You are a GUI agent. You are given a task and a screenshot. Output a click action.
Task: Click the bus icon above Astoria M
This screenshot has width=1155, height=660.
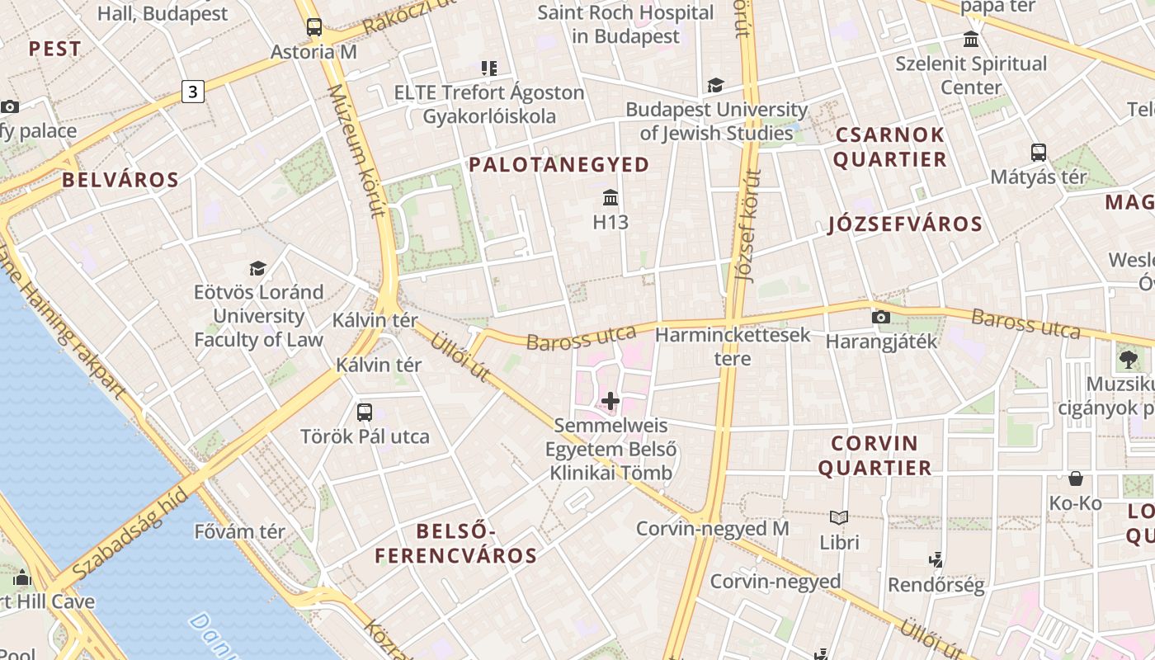coord(314,27)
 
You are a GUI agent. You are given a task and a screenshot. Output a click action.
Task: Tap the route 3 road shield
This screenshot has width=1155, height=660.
coord(193,92)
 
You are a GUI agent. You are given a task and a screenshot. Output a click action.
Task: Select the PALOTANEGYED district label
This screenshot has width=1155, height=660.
coord(559,164)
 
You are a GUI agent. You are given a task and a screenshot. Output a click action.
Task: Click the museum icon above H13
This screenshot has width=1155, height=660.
coord(610,198)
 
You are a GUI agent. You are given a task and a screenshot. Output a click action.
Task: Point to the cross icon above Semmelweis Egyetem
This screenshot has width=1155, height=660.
coord(610,401)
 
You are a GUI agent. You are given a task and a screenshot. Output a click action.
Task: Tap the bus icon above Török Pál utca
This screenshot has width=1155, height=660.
coord(365,412)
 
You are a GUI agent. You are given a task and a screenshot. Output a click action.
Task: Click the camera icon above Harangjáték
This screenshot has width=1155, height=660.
coord(881,317)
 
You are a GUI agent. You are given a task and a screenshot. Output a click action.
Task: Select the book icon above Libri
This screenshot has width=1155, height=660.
coord(839,518)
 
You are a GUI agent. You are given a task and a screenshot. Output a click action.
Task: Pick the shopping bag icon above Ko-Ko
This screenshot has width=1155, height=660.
coord(1076,478)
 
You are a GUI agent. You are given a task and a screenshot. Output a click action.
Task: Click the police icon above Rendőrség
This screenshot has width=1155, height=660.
coord(936,560)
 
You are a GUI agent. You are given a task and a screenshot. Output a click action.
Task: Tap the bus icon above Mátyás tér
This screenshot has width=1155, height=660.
coord(1039,153)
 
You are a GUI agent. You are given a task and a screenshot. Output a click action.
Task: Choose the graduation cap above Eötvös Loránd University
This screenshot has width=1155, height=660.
coord(258,268)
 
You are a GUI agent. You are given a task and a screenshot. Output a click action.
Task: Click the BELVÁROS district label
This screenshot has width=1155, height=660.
coord(120,180)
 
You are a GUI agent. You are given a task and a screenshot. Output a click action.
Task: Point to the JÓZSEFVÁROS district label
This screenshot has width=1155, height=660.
coord(905,224)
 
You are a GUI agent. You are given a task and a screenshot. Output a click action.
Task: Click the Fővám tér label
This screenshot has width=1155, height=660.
coord(240,531)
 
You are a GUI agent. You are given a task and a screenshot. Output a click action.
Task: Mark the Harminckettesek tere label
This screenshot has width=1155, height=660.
coord(733,346)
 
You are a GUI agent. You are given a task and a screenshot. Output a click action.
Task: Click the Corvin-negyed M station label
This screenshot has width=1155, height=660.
coord(713,528)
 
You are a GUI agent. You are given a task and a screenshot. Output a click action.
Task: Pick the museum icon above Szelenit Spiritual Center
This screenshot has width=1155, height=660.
coord(971,39)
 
